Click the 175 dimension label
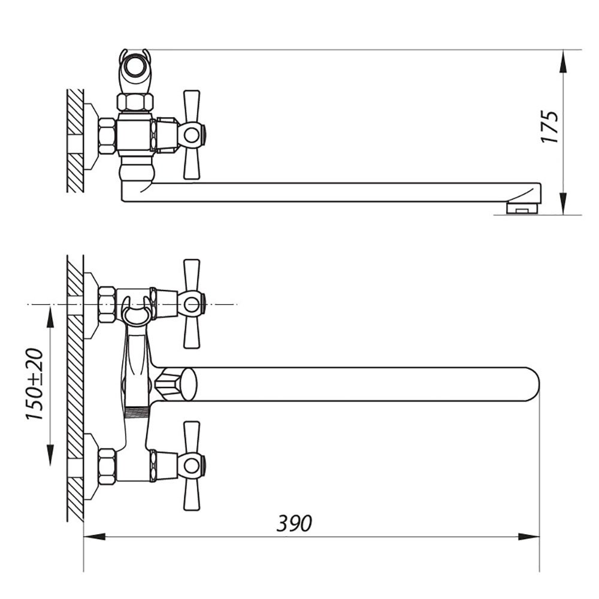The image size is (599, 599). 550,127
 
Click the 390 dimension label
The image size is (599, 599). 294,523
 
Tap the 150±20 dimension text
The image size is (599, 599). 34,384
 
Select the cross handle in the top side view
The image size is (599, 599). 192,135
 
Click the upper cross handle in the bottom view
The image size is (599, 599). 192,304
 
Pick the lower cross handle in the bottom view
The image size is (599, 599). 192,466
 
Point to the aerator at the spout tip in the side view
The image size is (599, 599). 522,208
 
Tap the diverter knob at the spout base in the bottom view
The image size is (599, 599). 176,384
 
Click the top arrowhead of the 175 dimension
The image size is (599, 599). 562,61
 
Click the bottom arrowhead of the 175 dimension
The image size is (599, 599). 562,204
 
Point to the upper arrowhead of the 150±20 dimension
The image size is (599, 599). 50,316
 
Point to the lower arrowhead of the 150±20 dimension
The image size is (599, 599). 50,455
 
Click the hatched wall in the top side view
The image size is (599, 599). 75,141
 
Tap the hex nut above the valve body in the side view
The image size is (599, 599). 135,102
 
